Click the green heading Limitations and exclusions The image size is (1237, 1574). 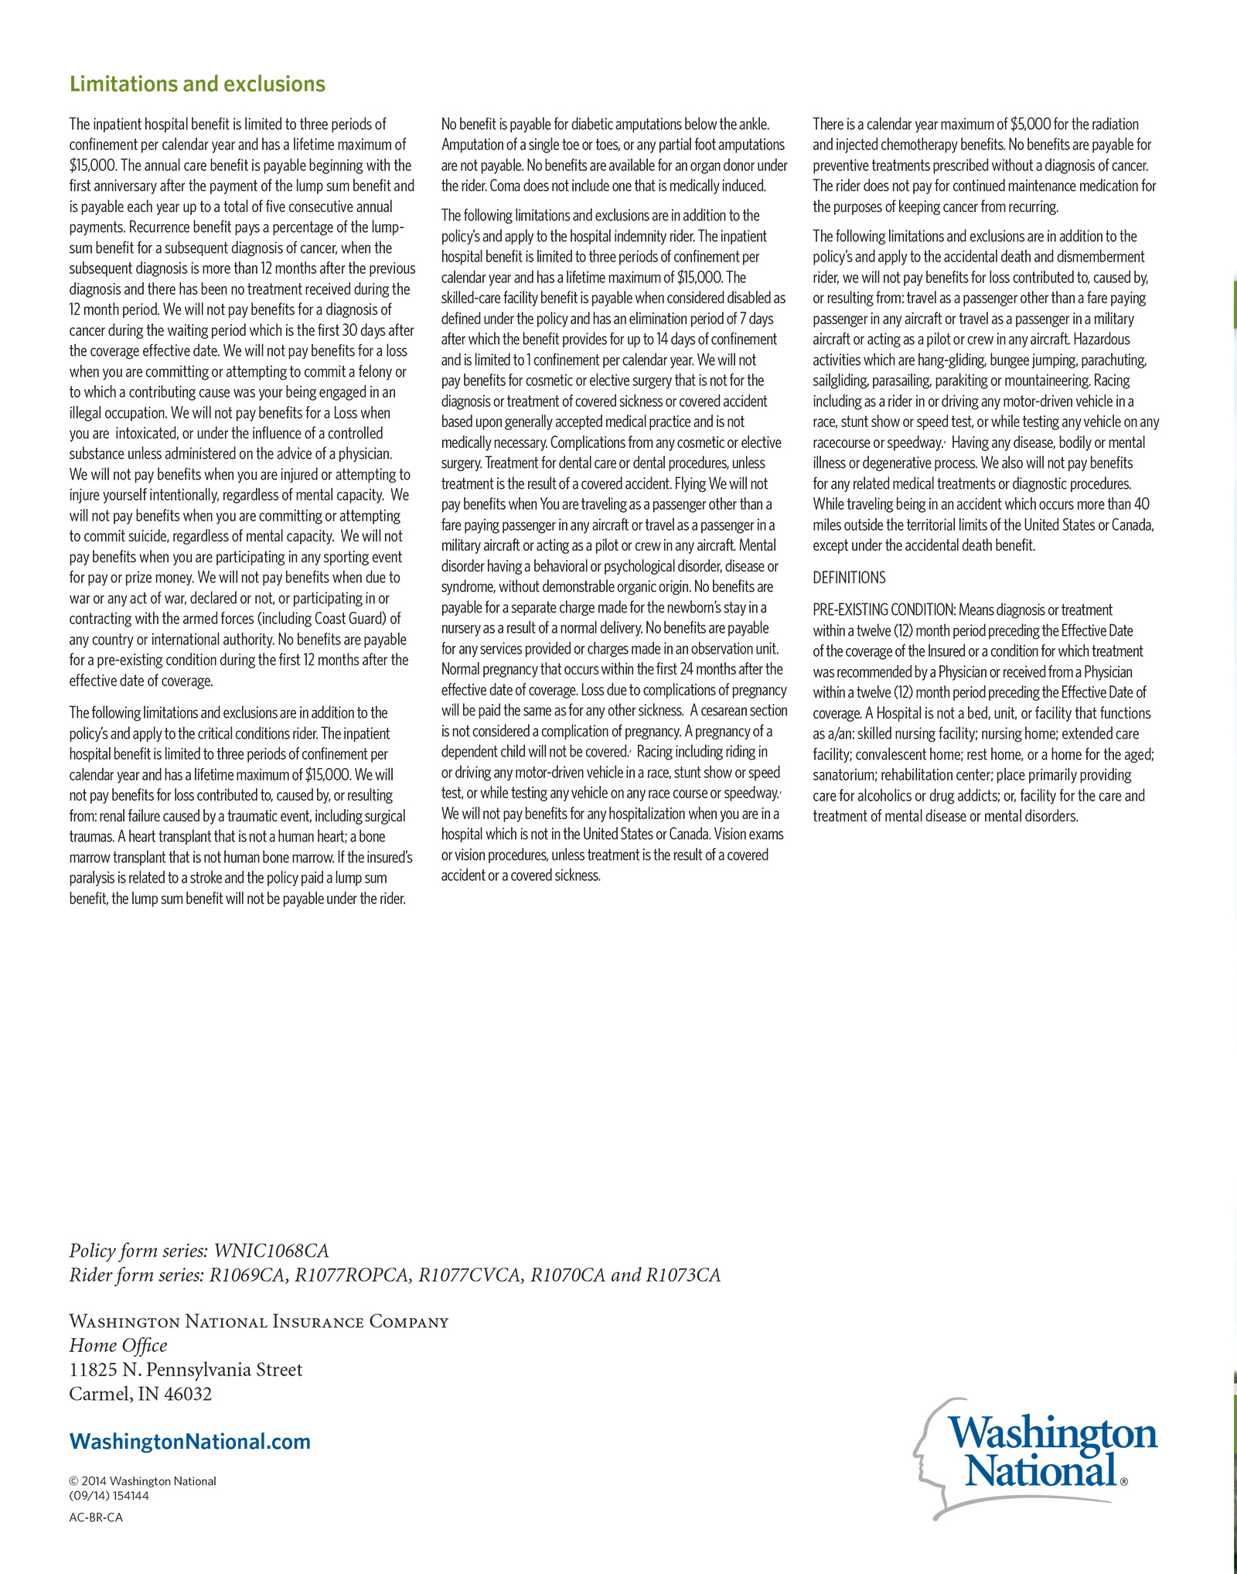197,84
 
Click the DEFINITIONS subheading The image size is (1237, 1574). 849,578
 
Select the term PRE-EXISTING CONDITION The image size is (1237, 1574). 884,610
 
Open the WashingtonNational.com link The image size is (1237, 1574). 190,1442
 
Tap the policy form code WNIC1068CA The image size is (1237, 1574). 271,1251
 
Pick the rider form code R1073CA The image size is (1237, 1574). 683,1275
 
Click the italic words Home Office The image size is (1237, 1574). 118,1346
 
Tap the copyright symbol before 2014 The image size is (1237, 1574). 74,1481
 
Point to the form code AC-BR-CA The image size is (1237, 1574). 96,1517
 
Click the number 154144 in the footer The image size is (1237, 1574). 131,1496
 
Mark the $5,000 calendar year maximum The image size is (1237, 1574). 1031,125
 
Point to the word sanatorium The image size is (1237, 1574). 843,775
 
